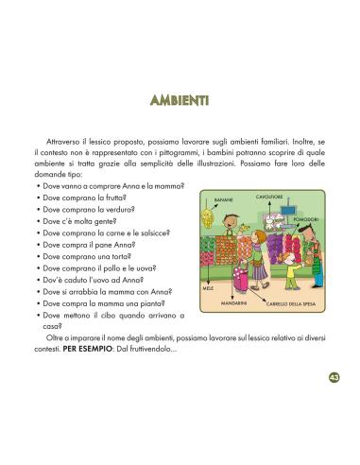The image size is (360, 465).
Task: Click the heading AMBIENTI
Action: [x=180, y=101]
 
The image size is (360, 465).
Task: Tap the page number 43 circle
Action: [x=334, y=378]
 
